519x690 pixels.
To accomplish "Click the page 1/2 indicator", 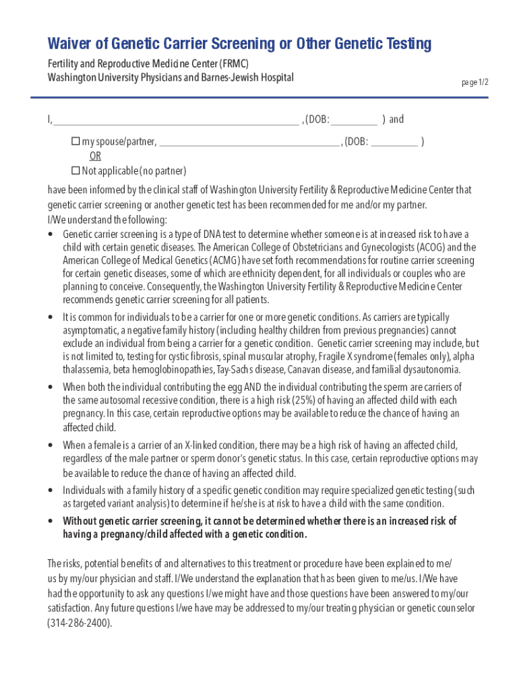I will tap(475, 82).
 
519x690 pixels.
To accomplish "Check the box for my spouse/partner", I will tap(75, 142).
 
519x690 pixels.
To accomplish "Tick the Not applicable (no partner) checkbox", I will tap(75, 170).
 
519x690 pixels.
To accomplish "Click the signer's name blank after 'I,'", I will tap(175, 121).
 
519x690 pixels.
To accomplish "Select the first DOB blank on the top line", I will tap(354, 121).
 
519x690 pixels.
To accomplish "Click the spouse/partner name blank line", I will tap(249, 143).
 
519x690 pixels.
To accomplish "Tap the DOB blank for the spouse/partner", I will tap(394, 143).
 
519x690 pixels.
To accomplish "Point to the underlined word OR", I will tap(96, 156).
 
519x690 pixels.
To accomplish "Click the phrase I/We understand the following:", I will tap(107, 220).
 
